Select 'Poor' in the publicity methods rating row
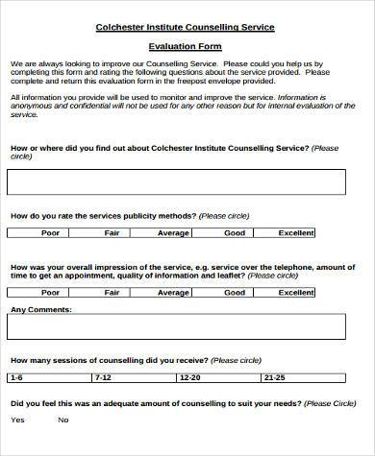pos(51,232)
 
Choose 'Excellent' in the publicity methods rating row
pos(296,232)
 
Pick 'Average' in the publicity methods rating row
pos(173,232)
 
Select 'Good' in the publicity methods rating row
pos(235,232)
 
